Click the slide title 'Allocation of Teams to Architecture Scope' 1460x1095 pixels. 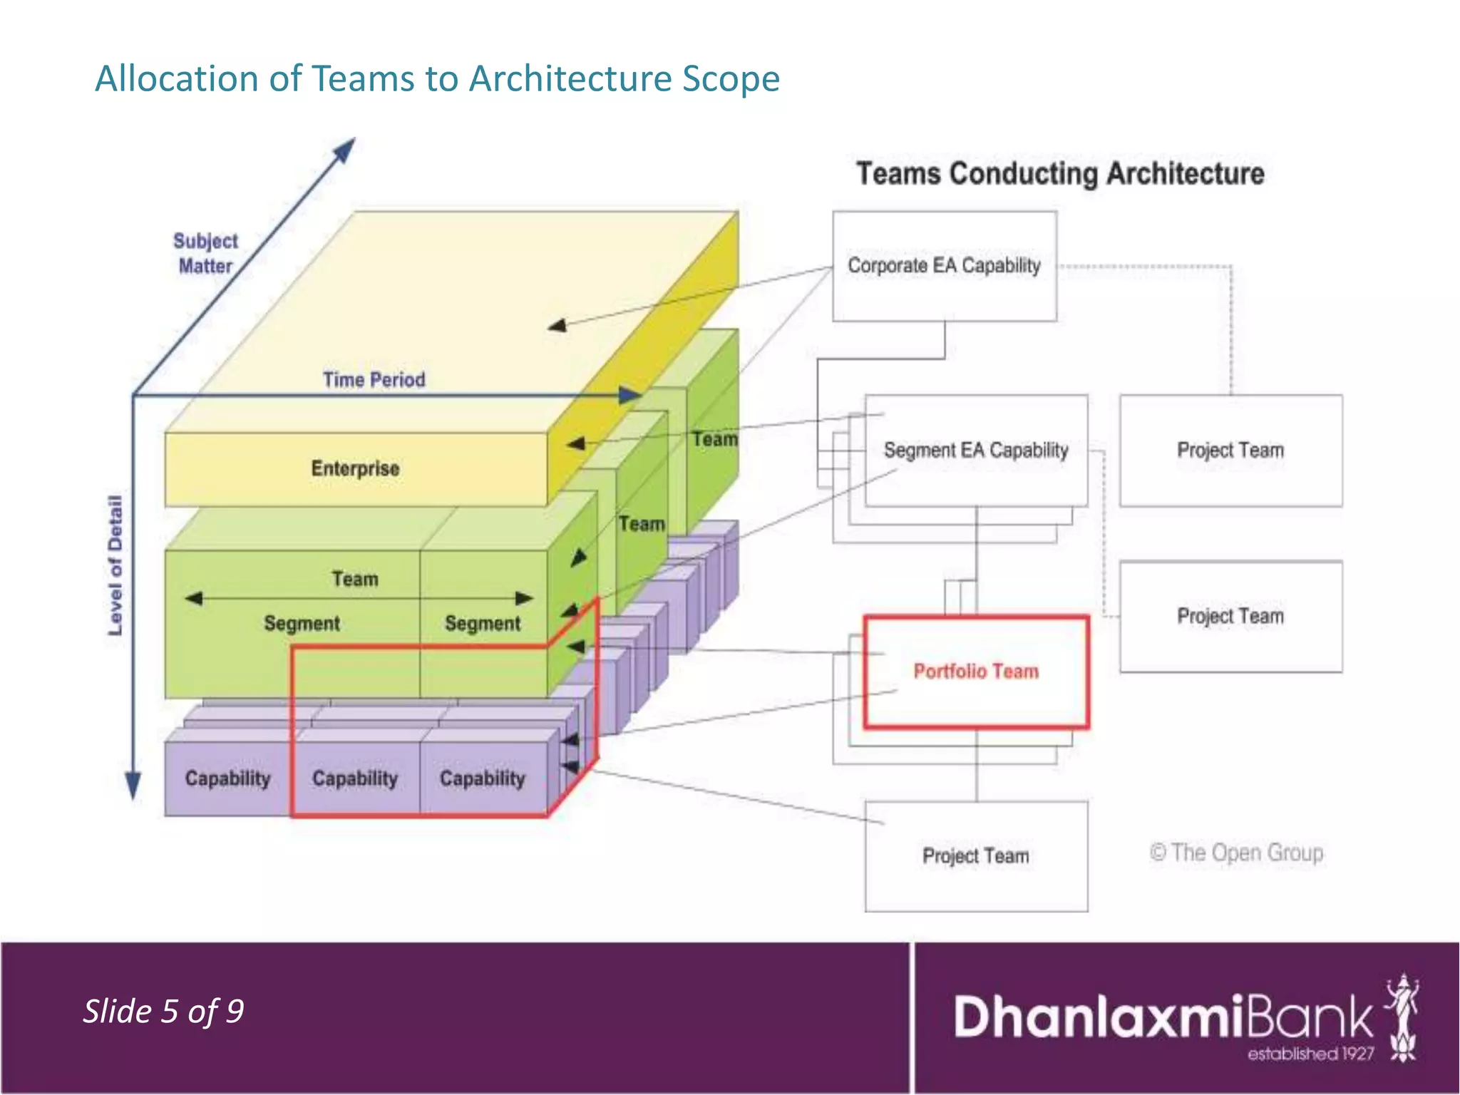point(437,78)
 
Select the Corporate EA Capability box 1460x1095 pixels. point(944,266)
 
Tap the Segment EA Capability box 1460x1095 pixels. point(976,451)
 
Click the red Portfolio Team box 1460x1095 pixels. point(976,672)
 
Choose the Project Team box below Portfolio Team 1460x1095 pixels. point(976,855)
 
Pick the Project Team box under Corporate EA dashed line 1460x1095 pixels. point(1230,451)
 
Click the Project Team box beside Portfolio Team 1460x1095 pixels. point(1230,616)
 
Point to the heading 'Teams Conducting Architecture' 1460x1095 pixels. point(1060,174)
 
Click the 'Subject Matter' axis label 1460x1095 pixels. point(205,253)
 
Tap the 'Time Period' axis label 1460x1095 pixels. point(374,379)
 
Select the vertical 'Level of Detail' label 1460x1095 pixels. point(115,565)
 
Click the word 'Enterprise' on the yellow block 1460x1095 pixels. point(355,468)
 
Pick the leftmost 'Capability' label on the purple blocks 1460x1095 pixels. point(227,778)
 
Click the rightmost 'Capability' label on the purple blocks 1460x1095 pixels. point(482,778)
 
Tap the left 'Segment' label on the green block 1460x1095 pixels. point(302,624)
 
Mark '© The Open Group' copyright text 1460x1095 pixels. point(1236,853)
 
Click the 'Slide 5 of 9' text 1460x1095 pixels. point(163,1012)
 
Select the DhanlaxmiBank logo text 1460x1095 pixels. point(1162,1017)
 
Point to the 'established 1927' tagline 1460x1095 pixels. point(1310,1054)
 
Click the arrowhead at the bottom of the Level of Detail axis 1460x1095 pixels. point(133,788)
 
